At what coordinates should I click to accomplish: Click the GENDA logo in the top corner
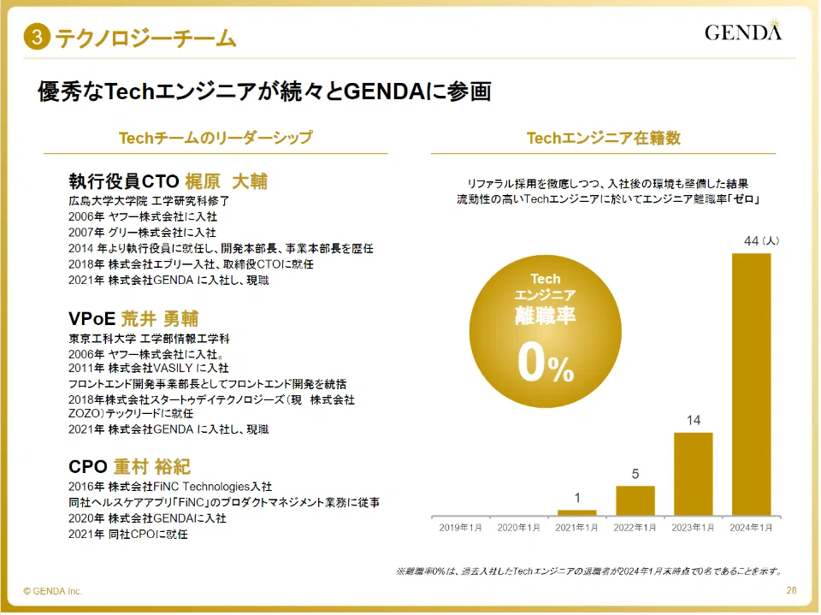(x=743, y=31)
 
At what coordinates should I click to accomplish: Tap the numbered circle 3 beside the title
(x=37, y=37)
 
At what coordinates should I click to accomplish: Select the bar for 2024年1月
(x=752, y=385)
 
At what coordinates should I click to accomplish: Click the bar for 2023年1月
(x=694, y=474)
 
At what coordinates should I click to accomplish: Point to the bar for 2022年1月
(x=635, y=500)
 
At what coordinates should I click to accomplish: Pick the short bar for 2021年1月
(x=577, y=513)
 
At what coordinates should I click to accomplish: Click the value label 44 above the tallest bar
(x=752, y=240)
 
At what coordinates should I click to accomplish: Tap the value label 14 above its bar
(x=694, y=420)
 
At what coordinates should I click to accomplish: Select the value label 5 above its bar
(x=635, y=474)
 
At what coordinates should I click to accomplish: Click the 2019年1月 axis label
(x=460, y=528)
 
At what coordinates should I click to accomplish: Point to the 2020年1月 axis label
(x=518, y=528)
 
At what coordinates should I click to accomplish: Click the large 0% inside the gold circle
(x=546, y=364)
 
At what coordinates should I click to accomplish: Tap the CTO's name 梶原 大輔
(x=226, y=181)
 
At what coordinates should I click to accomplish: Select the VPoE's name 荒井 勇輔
(x=160, y=318)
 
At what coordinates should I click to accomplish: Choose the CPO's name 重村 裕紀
(x=152, y=466)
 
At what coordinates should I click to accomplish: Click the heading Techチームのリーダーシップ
(x=216, y=138)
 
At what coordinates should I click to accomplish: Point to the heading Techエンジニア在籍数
(x=603, y=138)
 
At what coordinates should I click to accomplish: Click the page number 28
(x=791, y=590)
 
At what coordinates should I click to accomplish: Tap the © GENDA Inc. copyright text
(x=53, y=591)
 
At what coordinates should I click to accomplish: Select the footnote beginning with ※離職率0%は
(x=589, y=571)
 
